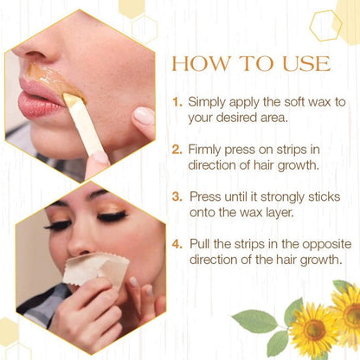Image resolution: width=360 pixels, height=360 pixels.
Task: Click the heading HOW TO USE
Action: point(251,64)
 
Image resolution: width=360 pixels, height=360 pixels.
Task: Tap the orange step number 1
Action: point(177,102)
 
